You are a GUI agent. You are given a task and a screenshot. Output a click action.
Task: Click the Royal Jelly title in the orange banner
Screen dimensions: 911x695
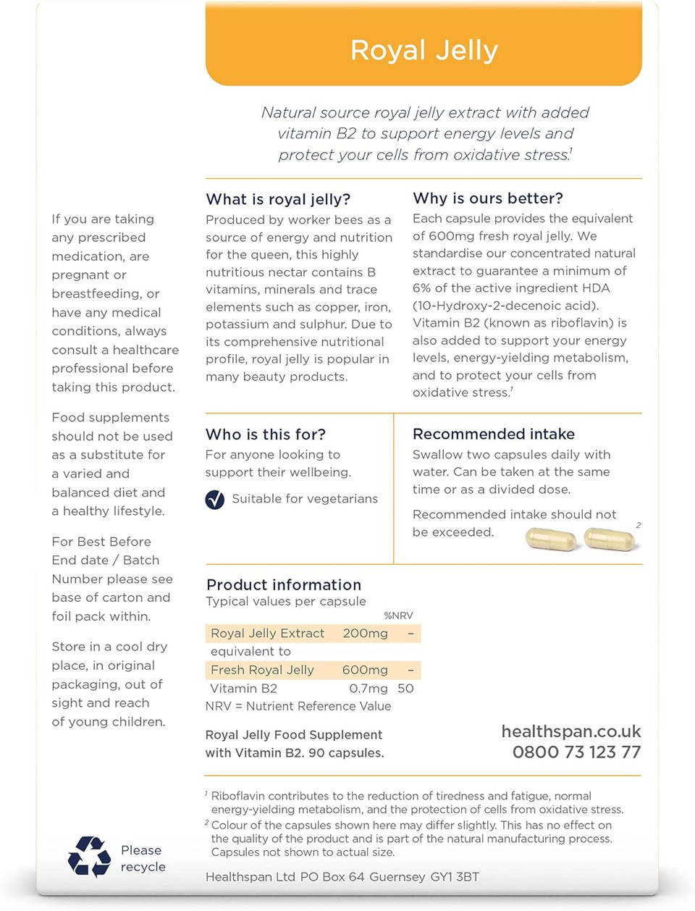click(x=424, y=50)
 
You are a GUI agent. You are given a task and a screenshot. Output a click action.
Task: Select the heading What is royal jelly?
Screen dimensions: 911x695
click(x=278, y=199)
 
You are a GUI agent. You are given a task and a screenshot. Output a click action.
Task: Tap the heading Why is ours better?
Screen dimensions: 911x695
click(x=488, y=198)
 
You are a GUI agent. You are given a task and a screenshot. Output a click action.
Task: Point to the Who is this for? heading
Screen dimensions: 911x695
click(x=266, y=434)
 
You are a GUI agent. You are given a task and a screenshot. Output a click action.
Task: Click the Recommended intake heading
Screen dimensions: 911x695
click(x=494, y=434)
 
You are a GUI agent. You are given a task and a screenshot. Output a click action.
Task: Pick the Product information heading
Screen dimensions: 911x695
click(x=284, y=584)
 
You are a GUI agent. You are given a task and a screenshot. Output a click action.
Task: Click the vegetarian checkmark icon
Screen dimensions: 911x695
click(x=215, y=500)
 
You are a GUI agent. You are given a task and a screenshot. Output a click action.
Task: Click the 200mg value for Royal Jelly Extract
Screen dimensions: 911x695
click(x=365, y=634)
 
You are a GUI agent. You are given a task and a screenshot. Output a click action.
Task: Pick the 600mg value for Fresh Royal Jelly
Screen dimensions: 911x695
click(x=365, y=671)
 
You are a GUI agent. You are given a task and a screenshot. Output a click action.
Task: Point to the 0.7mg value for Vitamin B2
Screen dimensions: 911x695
click(x=368, y=689)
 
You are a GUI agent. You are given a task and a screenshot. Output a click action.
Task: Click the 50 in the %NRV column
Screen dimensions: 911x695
click(x=405, y=689)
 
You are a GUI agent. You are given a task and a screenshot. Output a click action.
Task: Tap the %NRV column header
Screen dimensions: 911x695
click(x=398, y=616)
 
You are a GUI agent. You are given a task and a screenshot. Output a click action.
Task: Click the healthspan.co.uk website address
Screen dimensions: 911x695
click(x=571, y=732)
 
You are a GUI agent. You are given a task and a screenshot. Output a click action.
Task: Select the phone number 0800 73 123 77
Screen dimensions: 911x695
click(x=576, y=752)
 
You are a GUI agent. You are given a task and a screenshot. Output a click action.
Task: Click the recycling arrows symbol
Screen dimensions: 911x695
click(x=90, y=857)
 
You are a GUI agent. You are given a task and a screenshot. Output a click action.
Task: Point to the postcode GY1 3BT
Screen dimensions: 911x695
click(x=455, y=877)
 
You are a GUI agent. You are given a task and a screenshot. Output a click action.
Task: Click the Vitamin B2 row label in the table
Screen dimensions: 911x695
click(x=244, y=689)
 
